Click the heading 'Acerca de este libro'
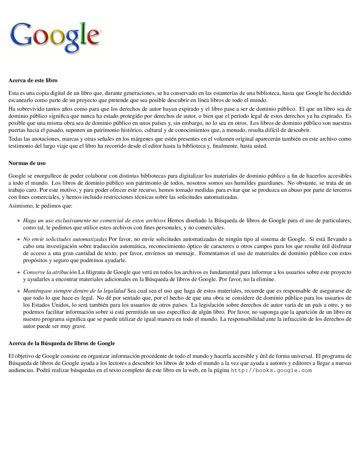(x=33, y=80)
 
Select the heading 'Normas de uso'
(x=27, y=163)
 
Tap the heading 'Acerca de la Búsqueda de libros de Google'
(x=62, y=343)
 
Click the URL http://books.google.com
(x=271, y=371)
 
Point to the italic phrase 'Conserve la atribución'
(x=50, y=272)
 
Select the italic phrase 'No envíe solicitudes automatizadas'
(x=65, y=239)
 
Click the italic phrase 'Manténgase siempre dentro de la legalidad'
(x=74, y=291)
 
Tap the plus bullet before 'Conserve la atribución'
(x=18, y=273)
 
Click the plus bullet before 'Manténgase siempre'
(x=18, y=291)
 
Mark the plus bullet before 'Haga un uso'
(x=18, y=221)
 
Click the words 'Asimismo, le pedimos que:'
(x=40, y=206)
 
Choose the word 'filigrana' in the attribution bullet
(x=96, y=272)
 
